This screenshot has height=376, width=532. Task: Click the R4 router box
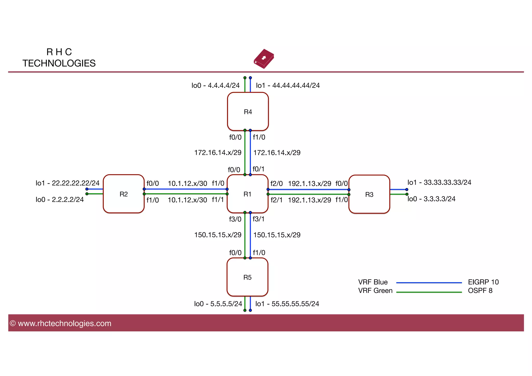248,111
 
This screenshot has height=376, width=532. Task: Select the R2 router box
124,194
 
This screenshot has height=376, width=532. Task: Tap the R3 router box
369,194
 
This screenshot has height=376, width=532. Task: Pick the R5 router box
247,277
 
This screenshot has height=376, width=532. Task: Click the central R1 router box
247,194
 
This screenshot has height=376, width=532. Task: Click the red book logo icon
264,59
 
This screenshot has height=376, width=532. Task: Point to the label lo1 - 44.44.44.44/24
288,85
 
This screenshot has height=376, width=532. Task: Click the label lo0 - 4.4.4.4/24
215,85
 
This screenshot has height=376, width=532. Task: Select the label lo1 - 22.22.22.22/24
68,183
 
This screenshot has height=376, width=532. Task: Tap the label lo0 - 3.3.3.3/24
431,199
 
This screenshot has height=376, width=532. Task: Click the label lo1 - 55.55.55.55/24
287,304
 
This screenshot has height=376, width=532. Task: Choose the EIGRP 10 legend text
483,282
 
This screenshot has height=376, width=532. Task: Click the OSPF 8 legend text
480,291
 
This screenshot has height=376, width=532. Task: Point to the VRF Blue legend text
373,282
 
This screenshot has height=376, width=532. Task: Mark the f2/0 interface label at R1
276,184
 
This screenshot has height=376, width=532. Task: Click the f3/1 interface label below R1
258,219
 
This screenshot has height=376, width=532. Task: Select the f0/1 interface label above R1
258,169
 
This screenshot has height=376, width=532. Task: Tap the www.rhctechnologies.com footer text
64,323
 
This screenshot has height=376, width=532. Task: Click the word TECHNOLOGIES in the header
59,63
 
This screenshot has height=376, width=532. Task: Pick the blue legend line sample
429,283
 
